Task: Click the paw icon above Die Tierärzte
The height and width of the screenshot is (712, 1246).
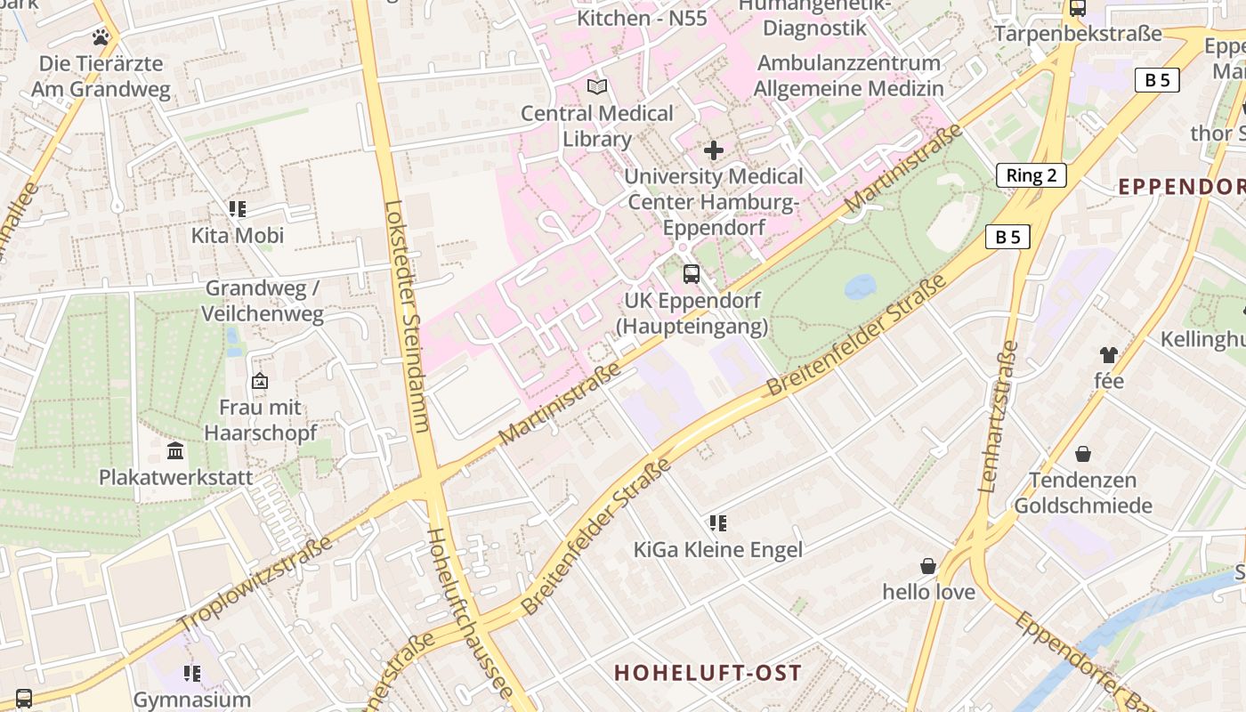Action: [x=101, y=37]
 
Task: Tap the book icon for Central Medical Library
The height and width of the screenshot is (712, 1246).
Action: [x=597, y=87]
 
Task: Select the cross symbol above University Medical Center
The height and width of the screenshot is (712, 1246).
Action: [x=714, y=150]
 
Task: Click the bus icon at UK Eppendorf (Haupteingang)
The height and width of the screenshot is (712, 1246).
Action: [x=692, y=274]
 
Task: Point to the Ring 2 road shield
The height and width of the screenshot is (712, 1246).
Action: [x=1031, y=175]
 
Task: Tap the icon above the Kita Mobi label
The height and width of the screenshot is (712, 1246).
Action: [x=238, y=209]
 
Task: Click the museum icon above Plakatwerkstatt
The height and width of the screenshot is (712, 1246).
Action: [x=175, y=451]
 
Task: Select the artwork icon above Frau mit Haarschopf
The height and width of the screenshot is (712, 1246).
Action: [x=260, y=381]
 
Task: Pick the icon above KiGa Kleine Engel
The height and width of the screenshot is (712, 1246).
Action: [x=717, y=523]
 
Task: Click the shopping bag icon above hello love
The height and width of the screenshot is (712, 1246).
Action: [x=928, y=566]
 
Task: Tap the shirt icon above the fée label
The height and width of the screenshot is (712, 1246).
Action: [x=1108, y=355]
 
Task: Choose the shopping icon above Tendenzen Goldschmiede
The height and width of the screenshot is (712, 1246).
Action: [x=1083, y=454]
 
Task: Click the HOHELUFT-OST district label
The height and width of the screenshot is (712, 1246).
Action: [x=708, y=673]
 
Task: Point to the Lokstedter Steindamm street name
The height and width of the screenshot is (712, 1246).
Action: [x=407, y=316]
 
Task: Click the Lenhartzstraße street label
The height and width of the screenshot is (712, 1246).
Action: [x=998, y=417]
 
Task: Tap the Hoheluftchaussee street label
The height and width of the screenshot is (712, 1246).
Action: [x=470, y=614]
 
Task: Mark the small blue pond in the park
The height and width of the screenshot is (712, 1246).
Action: [x=860, y=287]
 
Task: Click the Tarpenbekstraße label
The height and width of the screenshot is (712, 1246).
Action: [x=1078, y=34]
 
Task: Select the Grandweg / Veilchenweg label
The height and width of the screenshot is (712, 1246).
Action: [x=263, y=301]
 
